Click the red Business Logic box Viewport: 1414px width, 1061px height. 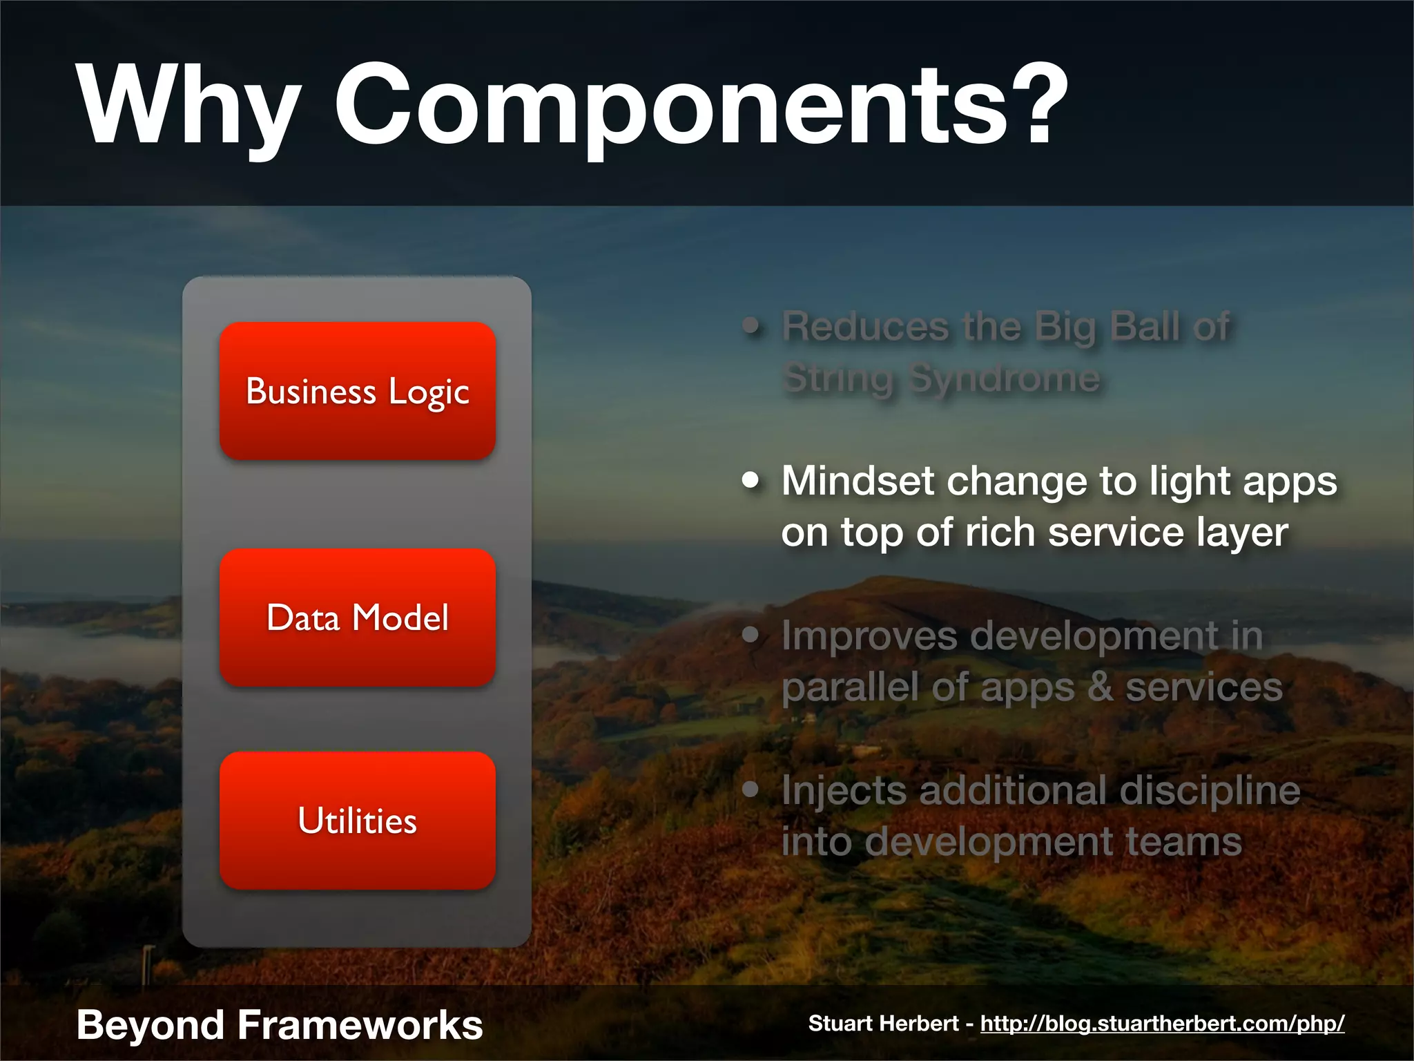point(357,391)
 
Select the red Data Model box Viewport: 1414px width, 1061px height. point(357,617)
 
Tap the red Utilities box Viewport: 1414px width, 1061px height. point(357,820)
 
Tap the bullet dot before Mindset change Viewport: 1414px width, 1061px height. point(750,479)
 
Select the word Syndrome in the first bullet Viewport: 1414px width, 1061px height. point(1005,379)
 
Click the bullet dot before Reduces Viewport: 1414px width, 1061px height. point(750,325)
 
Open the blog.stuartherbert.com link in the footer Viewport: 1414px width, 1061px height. point(1162,1023)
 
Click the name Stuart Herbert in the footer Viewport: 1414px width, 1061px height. point(883,1023)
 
